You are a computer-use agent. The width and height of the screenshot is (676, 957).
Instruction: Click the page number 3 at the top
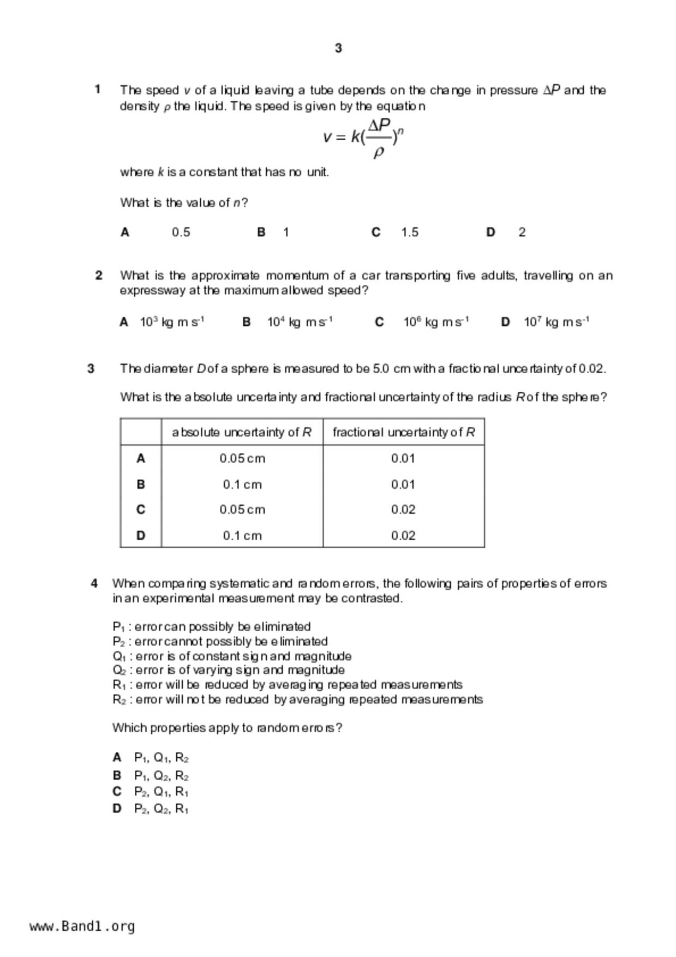point(338,48)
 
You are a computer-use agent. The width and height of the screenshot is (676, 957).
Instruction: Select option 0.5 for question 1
point(181,232)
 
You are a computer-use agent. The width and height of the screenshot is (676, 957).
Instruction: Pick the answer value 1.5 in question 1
point(410,232)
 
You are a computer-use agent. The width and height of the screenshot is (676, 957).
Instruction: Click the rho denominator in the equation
point(379,152)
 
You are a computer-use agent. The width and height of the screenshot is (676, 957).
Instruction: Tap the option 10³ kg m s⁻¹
point(172,322)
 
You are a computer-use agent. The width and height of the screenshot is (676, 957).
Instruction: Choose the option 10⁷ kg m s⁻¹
point(556,322)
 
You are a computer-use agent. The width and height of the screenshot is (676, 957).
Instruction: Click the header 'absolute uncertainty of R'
point(242,432)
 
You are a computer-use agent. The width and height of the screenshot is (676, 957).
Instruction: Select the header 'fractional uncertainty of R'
point(403,432)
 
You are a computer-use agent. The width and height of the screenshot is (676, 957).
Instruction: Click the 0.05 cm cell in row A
point(242,458)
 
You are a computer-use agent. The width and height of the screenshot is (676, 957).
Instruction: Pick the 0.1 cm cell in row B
point(242,485)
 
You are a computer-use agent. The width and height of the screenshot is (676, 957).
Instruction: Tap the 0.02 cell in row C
point(403,510)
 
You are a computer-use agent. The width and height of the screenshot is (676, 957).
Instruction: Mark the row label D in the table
point(141,536)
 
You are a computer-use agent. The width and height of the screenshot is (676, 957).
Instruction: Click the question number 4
point(94,583)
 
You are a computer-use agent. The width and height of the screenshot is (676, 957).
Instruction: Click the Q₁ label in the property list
point(119,656)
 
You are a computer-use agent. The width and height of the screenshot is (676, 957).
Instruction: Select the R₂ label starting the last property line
point(119,700)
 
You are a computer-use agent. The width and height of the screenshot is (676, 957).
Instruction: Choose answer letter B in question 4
point(117,775)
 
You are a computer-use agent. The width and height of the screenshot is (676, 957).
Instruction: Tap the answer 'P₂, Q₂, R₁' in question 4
point(161,809)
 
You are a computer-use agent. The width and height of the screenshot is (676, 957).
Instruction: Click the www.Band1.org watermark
point(82,926)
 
